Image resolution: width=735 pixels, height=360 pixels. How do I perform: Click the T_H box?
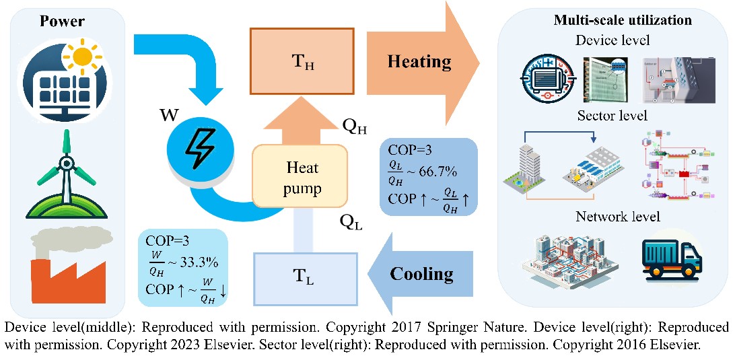302,61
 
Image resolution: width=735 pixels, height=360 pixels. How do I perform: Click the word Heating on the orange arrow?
419,62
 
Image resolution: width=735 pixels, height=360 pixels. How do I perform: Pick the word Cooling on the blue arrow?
421,273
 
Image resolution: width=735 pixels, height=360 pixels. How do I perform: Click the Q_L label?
351,222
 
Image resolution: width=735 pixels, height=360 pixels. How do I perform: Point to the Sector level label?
612,115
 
